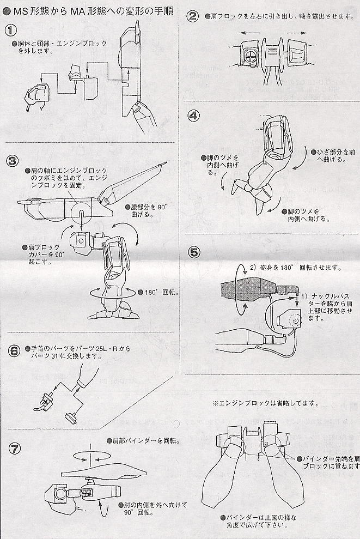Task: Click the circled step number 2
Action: (x=192, y=17)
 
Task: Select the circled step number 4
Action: (x=193, y=115)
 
